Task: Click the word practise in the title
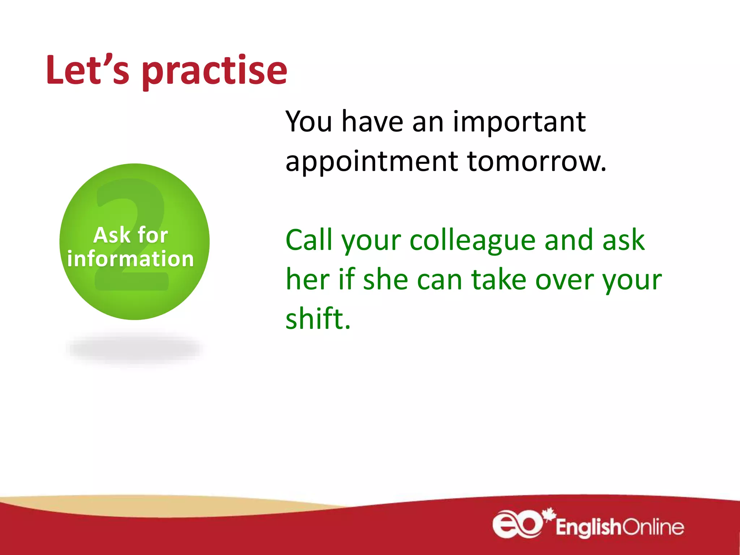[x=215, y=71]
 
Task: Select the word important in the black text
[x=519, y=122]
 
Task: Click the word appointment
[x=371, y=162]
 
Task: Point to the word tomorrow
[x=536, y=161]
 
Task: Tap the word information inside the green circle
[x=131, y=259]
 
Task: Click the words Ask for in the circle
[x=131, y=235]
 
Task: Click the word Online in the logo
[x=653, y=527]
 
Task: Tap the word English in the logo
[x=588, y=528]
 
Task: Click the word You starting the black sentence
[x=309, y=122]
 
